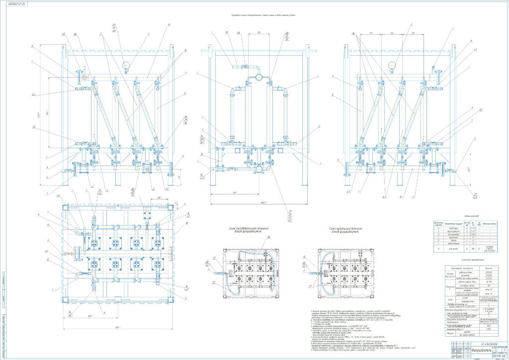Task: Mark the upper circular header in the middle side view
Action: tap(259, 77)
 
